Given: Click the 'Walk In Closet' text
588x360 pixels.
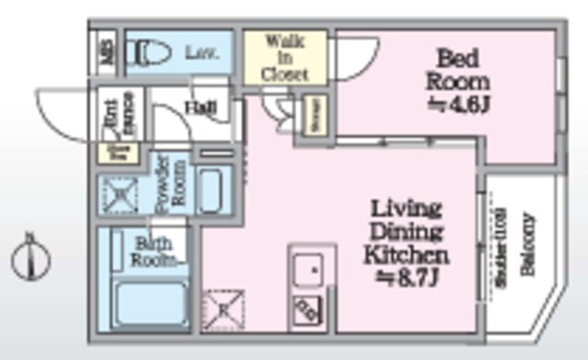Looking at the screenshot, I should coord(285,57).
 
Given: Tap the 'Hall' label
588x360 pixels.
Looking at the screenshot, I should coord(200,108).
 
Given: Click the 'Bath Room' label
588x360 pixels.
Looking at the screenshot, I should coord(149,252).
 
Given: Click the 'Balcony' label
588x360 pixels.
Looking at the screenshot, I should coord(527,245).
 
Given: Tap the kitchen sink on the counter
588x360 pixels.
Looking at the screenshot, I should coord(309,270).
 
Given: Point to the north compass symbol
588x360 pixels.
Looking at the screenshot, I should coord(29,259).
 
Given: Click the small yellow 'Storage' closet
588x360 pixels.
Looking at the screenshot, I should coord(315,116).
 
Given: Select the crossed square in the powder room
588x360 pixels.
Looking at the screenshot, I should coord(119,195).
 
